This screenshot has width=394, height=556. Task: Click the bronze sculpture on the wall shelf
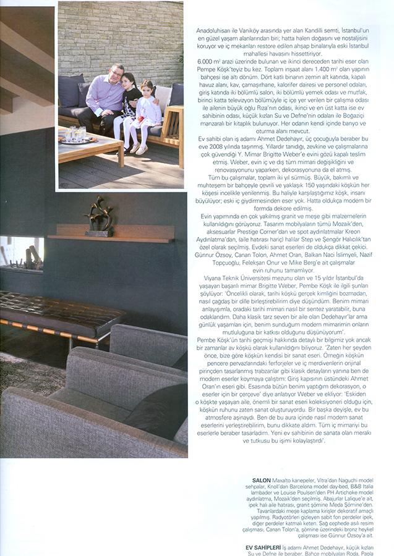(x=100, y=217)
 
